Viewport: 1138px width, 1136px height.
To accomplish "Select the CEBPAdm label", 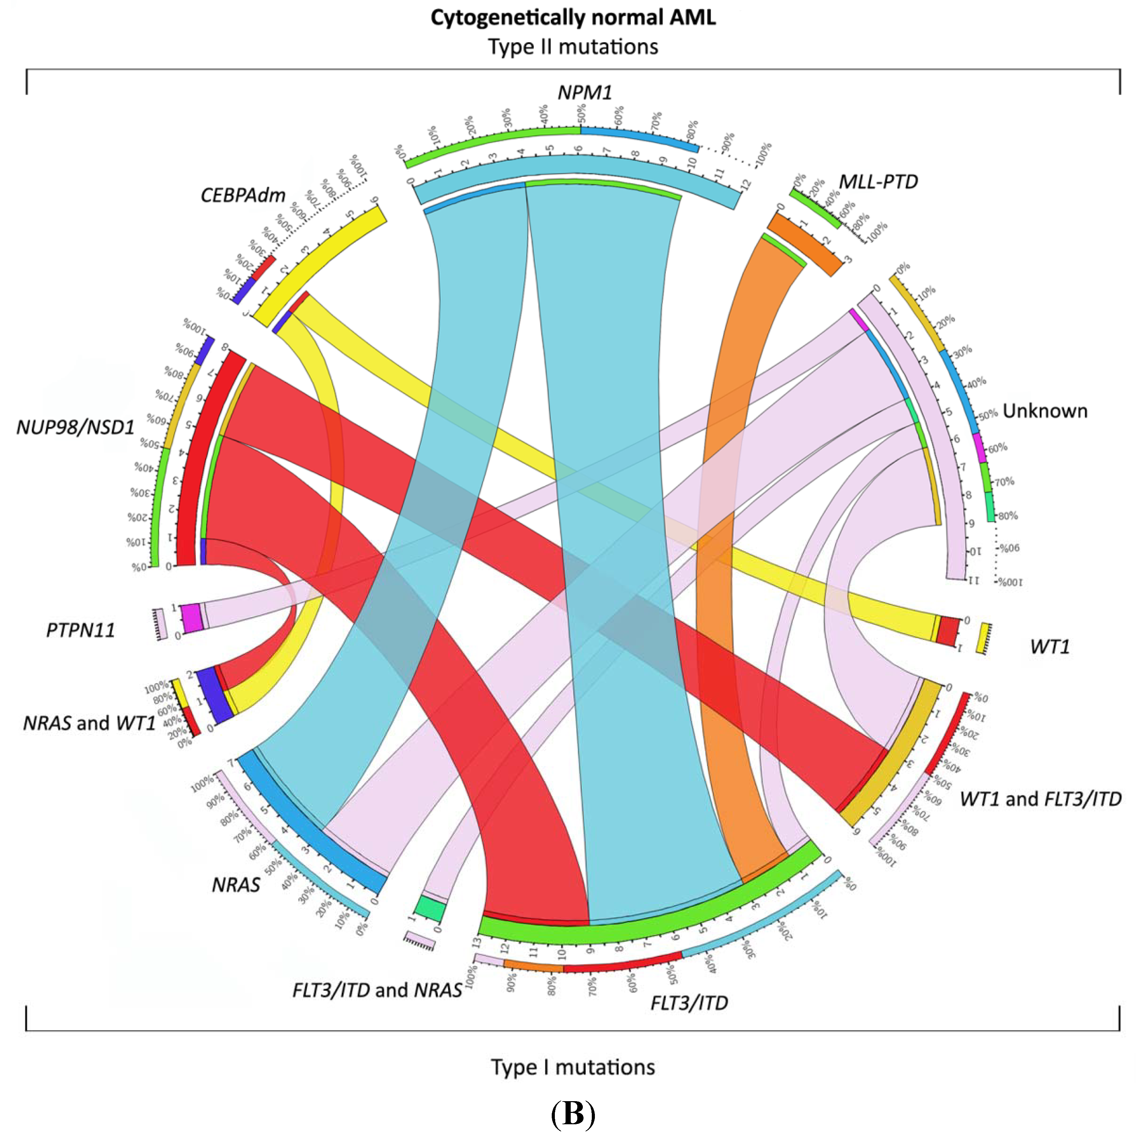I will coord(243,195).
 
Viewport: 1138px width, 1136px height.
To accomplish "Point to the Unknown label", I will coord(1045,411).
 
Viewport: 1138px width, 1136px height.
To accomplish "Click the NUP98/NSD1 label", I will coord(75,427).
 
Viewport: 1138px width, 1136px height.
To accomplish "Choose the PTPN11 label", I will coord(81,630).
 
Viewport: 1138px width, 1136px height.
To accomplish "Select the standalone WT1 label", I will coord(1049,647).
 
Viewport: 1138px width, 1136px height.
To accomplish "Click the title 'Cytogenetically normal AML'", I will coord(572,18).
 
